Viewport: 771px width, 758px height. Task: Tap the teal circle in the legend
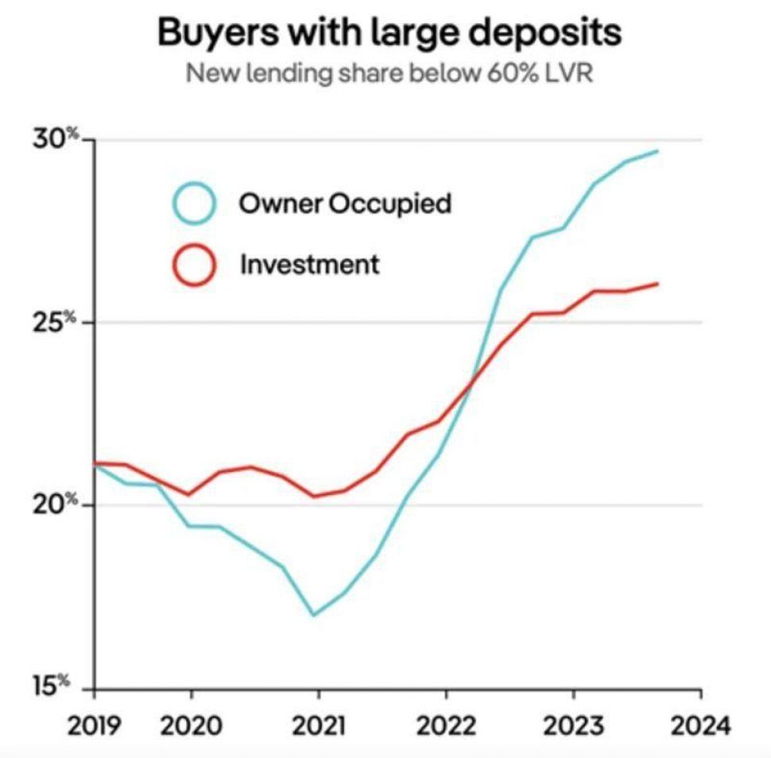(193, 203)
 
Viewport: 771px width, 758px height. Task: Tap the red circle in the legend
(193, 264)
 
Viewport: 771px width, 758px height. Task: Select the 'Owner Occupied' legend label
(345, 203)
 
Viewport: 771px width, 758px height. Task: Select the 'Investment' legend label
(310, 264)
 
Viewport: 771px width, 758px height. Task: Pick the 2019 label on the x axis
(95, 725)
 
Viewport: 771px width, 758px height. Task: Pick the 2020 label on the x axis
(191, 725)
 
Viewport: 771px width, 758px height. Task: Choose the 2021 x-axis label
(318, 725)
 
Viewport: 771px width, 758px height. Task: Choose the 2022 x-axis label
(446, 725)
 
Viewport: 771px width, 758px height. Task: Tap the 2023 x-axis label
(574, 725)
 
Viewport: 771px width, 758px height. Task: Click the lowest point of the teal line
(314, 614)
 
